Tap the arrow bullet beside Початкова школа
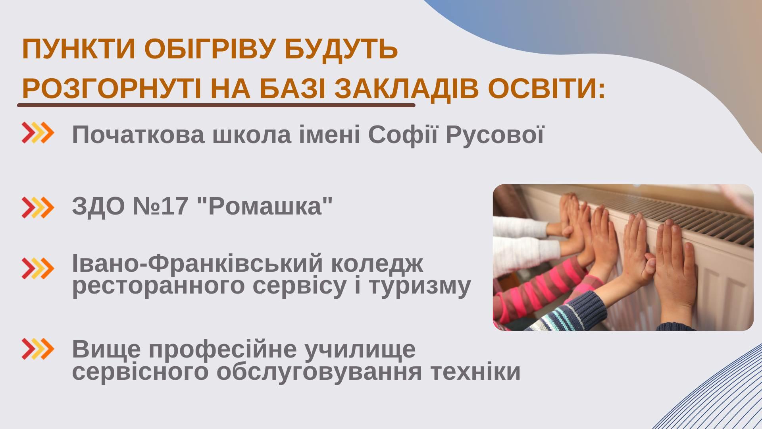pyautogui.click(x=38, y=133)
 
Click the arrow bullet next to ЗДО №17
pyautogui.click(x=38, y=207)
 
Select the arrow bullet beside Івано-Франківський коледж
pyautogui.click(x=38, y=268)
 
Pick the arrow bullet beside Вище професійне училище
pyautogui.click(x=38, y=349)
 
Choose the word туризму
pyautogui.click(x=420, y=286)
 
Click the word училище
pyautogui.click(x=360, y=350)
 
